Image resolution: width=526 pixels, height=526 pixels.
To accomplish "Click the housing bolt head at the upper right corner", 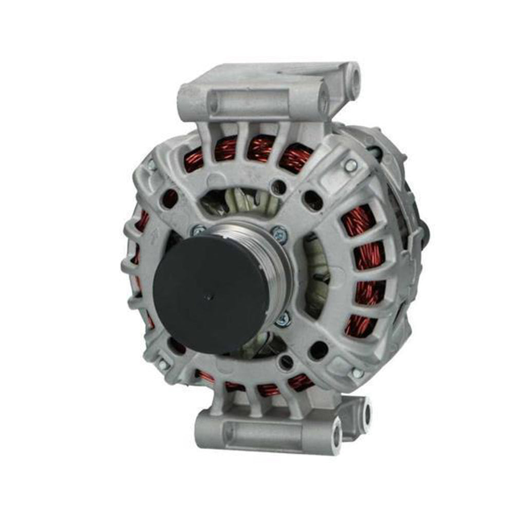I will click(x=351, y=165).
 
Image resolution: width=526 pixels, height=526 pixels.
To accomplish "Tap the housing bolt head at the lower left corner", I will click(x=163, y=364).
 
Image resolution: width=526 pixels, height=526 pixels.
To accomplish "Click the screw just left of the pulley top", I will click(x=200, y=231).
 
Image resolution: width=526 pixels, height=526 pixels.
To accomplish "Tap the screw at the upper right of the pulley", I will click(x=279, y=232).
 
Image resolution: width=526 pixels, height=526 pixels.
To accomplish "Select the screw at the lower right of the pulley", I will click(x=283, y=321).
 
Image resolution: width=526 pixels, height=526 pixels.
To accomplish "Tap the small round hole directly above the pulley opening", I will click(x=279, y=185).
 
